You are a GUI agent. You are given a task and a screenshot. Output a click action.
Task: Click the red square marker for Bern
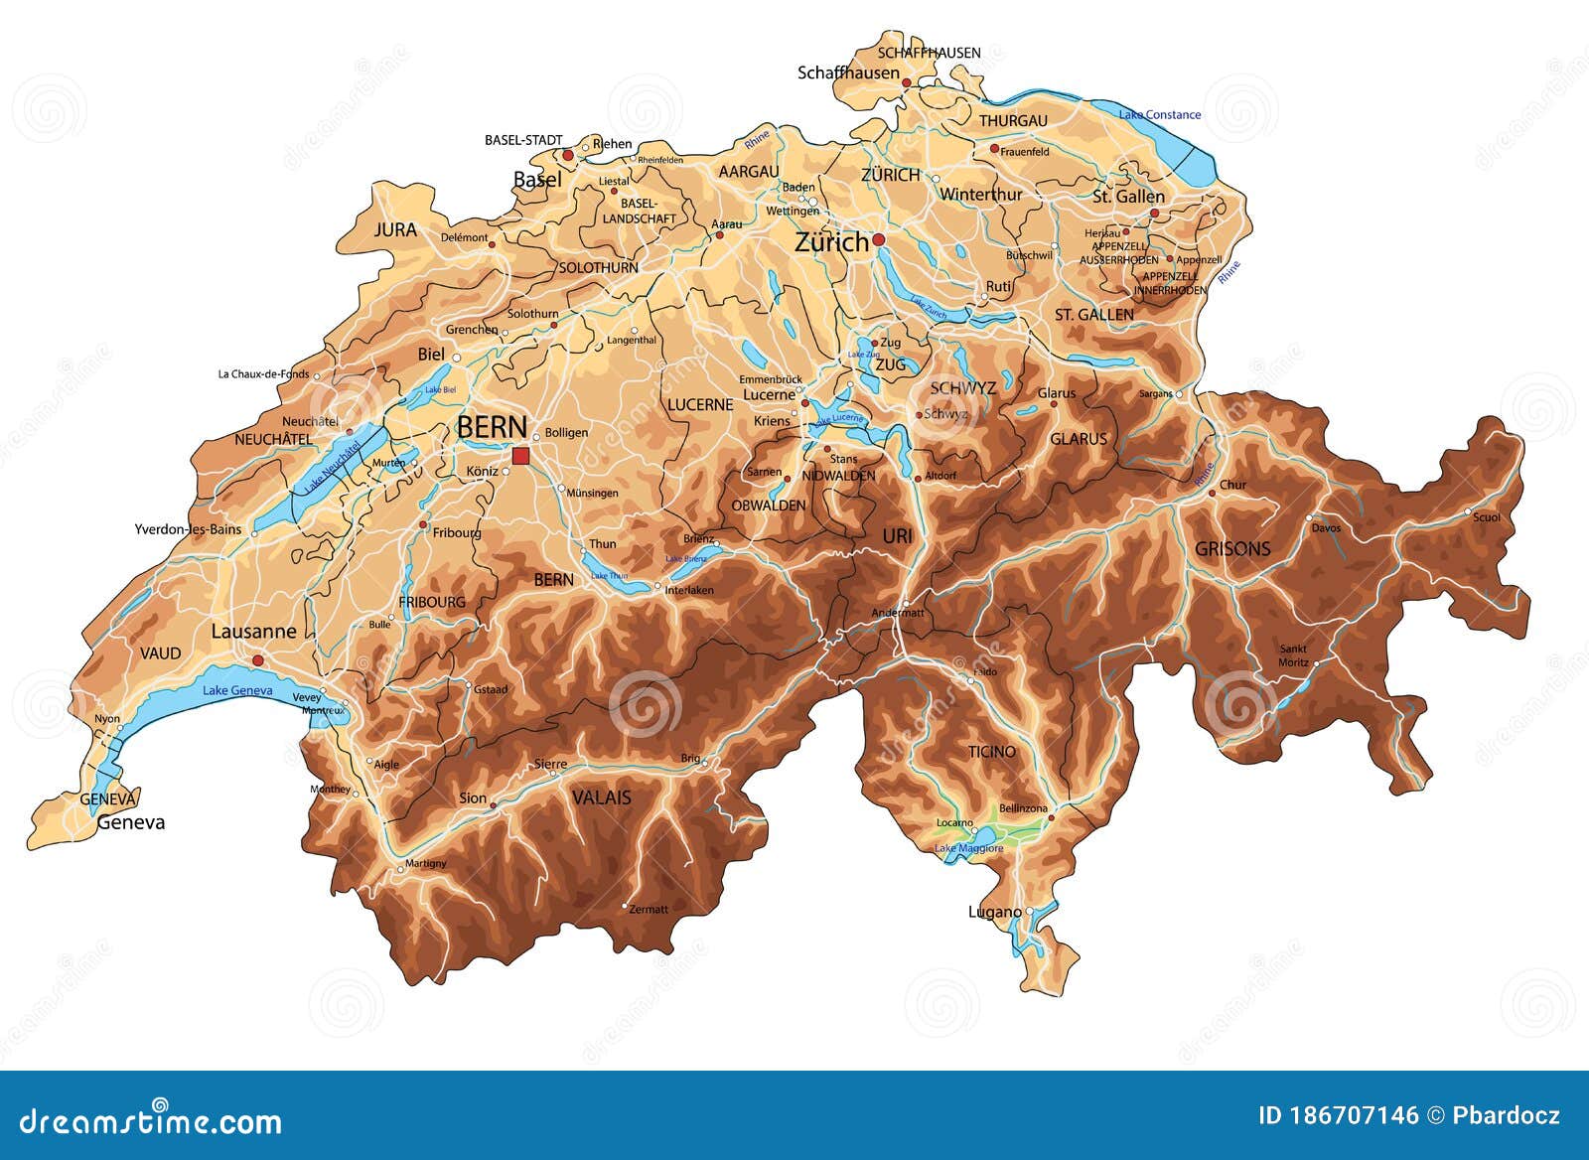pos(521,456)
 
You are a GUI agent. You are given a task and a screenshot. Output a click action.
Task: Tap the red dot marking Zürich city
pos(878,240)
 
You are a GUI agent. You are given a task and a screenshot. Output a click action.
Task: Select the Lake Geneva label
pos(237,690)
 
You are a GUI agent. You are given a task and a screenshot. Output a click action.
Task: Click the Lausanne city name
pos(253,632)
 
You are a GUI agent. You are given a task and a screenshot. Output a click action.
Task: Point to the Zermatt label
pos(649,909)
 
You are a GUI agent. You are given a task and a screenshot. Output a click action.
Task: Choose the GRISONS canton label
pos(1232,549)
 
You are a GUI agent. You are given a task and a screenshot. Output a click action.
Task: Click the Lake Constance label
pos(1160,115)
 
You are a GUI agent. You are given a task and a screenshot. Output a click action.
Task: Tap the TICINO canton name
pos(992,752)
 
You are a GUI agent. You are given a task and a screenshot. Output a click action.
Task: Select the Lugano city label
pos(994,912)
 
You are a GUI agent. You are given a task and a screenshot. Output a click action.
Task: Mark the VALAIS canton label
pos(601,797)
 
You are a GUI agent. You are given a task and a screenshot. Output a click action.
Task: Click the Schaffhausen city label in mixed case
pos(848,72)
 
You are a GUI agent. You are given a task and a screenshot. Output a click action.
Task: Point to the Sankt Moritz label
pos(1293,655)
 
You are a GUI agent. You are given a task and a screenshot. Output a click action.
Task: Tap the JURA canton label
pos(395,229)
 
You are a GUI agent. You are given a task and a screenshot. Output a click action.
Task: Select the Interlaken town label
pos(689,591)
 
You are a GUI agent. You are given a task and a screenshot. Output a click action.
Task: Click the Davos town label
pos(1326,528)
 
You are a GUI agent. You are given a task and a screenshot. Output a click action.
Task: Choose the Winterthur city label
pos(980,195)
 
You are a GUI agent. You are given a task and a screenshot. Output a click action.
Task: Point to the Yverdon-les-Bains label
pos(188,529)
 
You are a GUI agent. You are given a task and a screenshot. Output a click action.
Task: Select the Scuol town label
pos(1487,517)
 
